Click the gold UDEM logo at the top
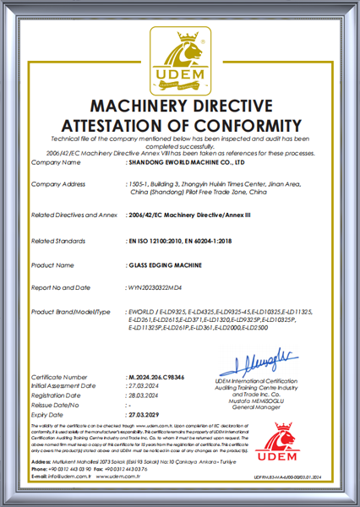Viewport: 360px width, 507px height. (x=179, y=59)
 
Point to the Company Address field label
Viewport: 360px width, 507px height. (x=59, y=183)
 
